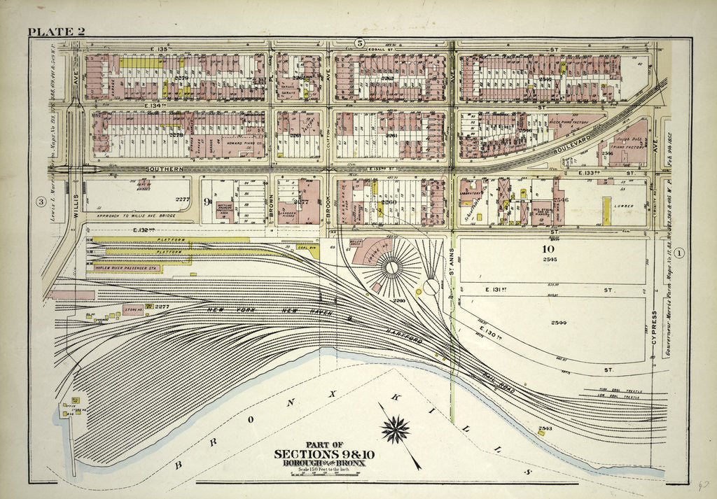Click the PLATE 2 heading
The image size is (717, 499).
(x=57, y=31)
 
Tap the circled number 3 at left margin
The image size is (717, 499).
(x=41, y=203)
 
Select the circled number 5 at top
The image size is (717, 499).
(x=360, y=43)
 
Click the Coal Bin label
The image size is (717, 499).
(x=307, y=248)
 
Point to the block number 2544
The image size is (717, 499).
(x=558, y=323)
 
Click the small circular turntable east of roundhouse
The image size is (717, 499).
(x=431, y=286)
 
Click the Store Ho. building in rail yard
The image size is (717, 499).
(x=133, y=309)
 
